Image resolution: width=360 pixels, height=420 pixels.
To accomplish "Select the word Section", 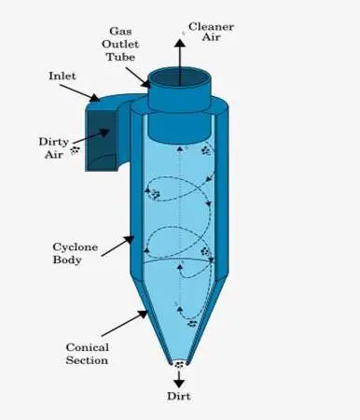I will [x=86, y=360].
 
